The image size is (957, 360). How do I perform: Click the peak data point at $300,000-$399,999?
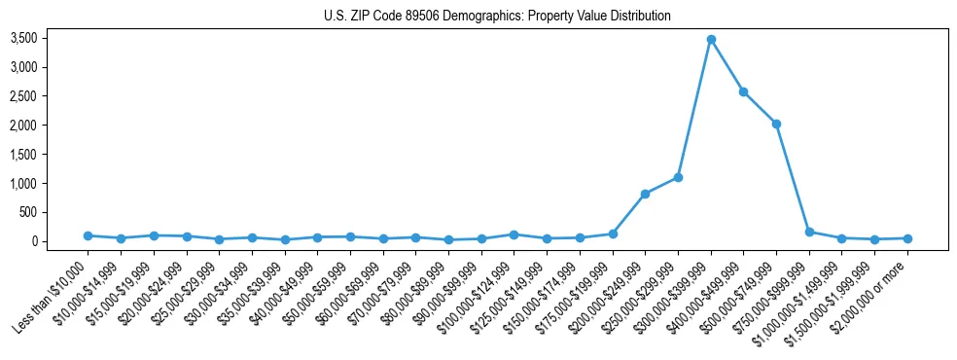tap(711, 39)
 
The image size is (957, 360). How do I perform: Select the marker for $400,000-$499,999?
tap(743, 91)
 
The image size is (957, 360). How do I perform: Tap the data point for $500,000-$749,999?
tap(776, 124)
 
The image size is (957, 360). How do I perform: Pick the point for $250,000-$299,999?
tap(678, 177)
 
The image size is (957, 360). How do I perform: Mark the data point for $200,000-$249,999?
tap(645, 194)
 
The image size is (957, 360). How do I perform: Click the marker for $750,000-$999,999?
tap(809, 232)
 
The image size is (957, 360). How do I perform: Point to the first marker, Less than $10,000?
tap(88, 235)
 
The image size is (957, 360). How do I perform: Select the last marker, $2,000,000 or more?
tap(907, 238)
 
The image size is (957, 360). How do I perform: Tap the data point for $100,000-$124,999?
tap(514, 234)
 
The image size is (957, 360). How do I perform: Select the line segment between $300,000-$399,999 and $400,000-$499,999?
tap(727, 65)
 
